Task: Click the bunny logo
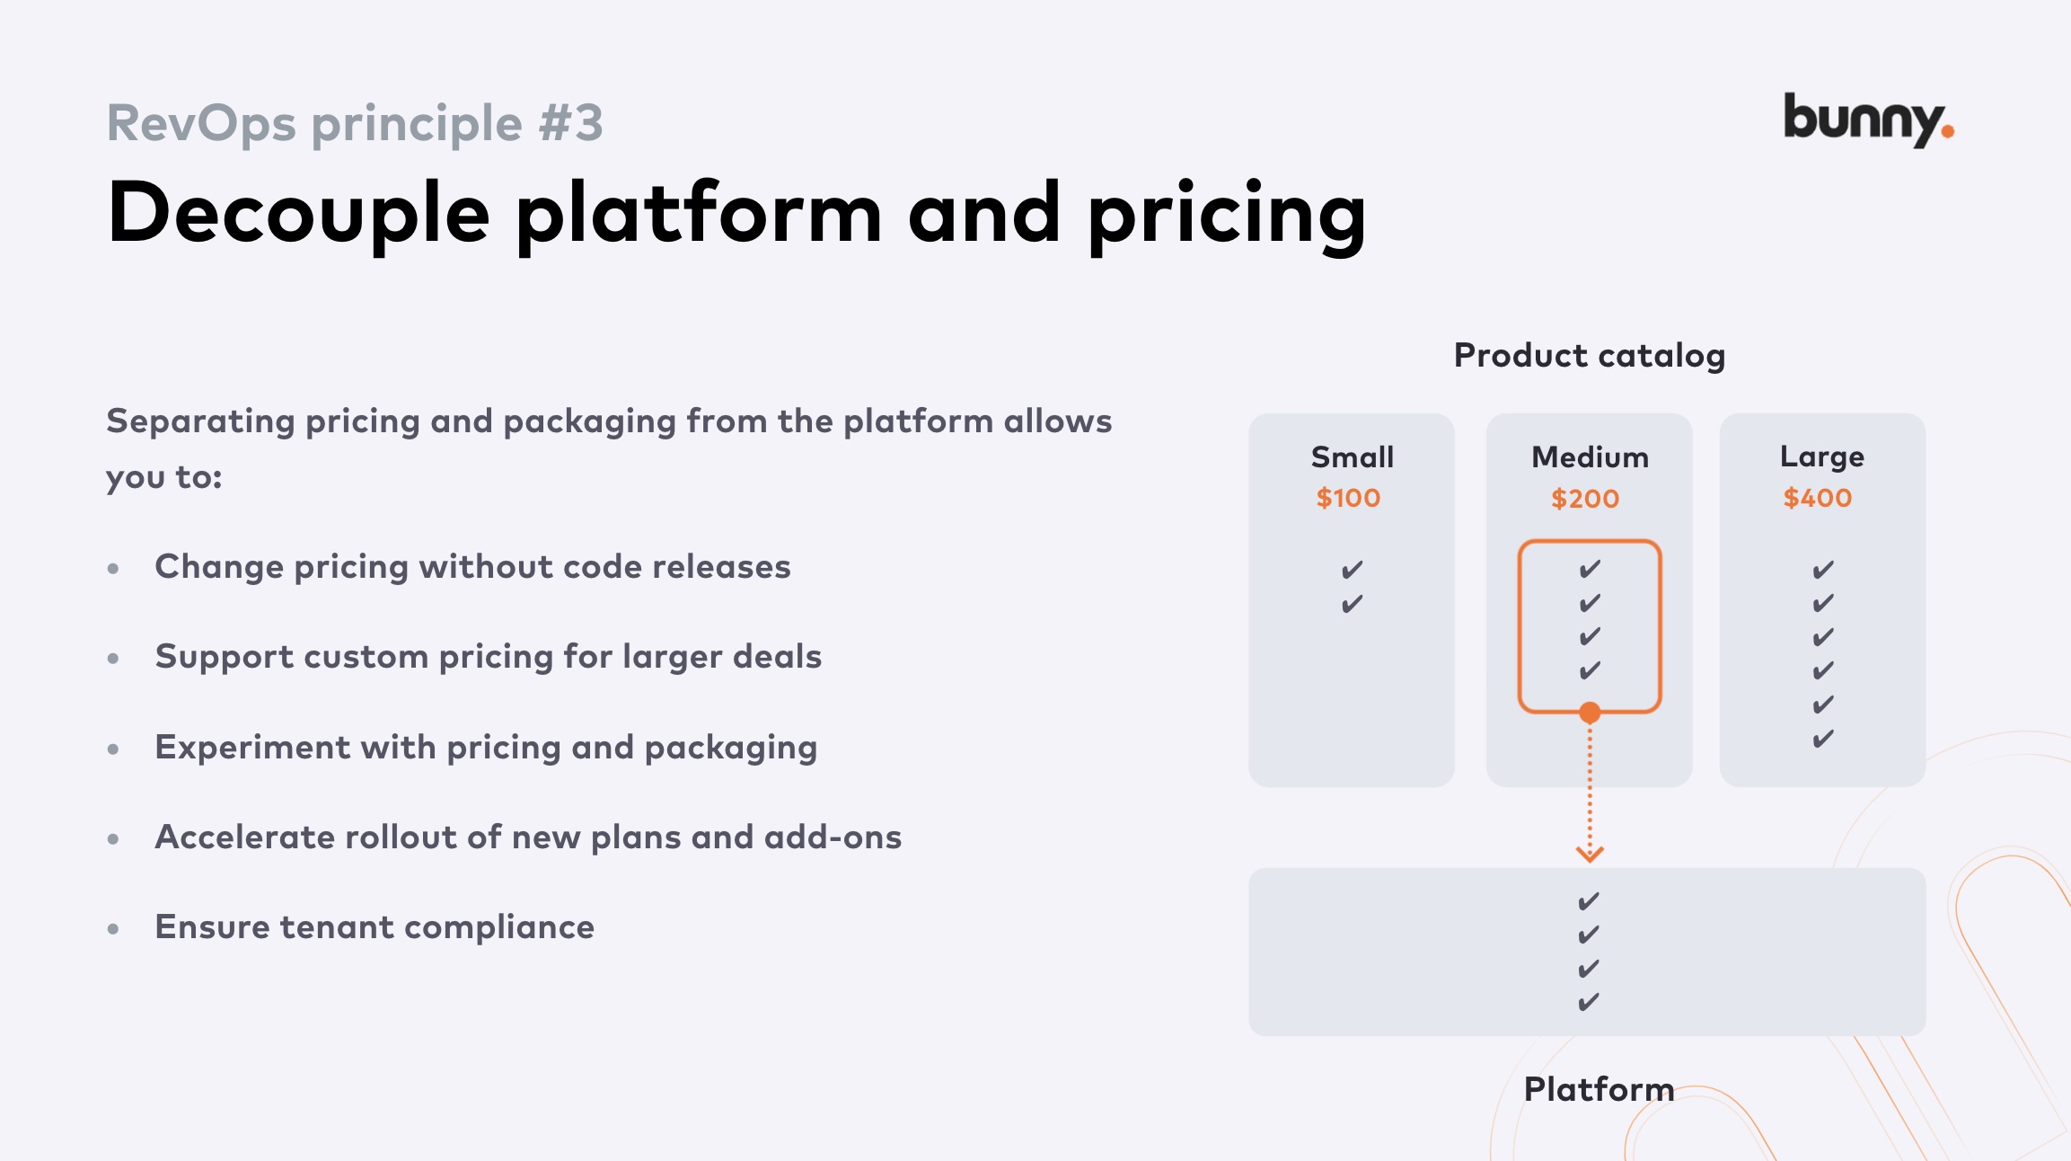click(x=1867, y=120)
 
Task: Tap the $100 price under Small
click(x=1348, y=498)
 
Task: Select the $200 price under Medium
click(x=1585, y=499)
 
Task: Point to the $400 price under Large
click(x=1818, y=498)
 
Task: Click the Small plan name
click(x=1353, y=457)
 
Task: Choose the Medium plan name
click(x=1590, y=457)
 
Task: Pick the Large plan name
click(x=1822, y=457)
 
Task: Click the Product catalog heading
click(x=1590, y=356)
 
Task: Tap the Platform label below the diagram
click(x=1599, y=1089)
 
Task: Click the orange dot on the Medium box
click(x=1590, y=713)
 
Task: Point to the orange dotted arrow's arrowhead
click(x=1590, y=853)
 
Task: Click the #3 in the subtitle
click(x=571, y=123)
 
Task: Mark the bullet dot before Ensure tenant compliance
click(x=113, y=928)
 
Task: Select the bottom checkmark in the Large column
click(x=1823, y=740)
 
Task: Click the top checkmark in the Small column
click(x=1353, y=570)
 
